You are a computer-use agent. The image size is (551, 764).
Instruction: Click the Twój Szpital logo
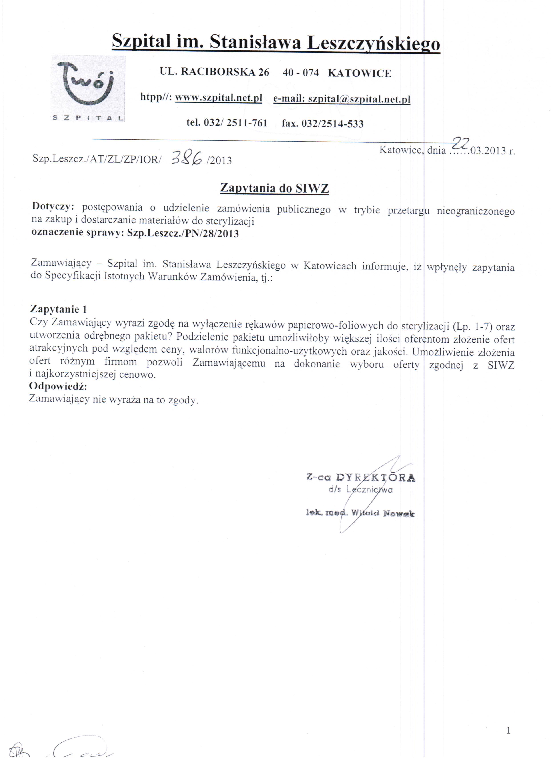[x=88, y=88]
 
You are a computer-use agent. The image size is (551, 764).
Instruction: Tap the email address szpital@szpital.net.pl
[x=359, y=99]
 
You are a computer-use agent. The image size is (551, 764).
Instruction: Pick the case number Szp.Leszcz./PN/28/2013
[x=183, y=233]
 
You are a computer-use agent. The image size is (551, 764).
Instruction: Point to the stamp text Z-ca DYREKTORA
[x=361, y=477]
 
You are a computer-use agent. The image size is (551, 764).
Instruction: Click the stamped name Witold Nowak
[x=383, y=513]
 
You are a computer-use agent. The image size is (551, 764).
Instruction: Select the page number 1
[x=508, y=740]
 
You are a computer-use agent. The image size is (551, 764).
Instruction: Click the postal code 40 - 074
[x=300, y=72]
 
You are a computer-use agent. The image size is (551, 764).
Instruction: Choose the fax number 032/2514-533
[x=332, y=124]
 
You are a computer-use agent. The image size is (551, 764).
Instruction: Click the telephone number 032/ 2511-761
[x=235, y=123]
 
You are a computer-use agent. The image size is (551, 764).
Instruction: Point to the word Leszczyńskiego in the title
[x=374, y=43]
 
